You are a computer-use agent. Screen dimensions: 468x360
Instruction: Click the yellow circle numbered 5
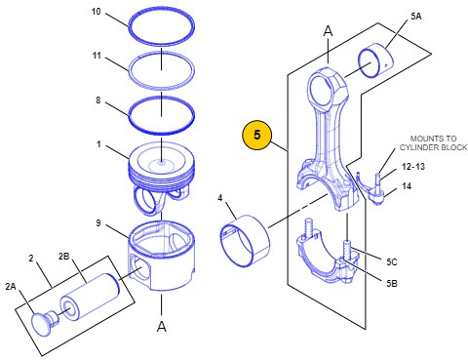coord(256,135)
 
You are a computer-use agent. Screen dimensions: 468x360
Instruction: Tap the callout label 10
coord(97,12)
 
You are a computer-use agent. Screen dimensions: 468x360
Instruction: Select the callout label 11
coord(97,56)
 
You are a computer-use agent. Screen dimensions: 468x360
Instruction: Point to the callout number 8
coord(98,100)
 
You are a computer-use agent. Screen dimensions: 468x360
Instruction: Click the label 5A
coord(416,17)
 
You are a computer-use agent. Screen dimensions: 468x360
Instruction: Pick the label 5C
coord(392,261)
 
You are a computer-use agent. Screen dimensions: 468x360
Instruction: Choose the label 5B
coord(392,283)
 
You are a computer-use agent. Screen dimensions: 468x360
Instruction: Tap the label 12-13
coord(413,167)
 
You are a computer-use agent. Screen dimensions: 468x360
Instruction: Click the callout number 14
coord(407,186)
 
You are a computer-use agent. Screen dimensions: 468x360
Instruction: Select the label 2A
coord(11,286)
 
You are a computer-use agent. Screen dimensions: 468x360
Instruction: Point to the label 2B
coord(64,257)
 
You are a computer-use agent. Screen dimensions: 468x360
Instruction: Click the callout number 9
coord(98,223)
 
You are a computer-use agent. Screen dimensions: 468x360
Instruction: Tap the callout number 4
coord(220,198)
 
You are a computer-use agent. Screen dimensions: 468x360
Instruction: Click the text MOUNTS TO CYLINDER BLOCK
coord(433,142)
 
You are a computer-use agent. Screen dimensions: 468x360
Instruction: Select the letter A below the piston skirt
coord(162,326)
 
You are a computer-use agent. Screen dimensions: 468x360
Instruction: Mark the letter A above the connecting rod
coord(329,31)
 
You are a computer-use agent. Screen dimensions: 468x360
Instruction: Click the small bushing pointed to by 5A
coord(375,60)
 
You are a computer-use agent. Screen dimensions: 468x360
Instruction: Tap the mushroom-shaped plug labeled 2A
coord(45,321)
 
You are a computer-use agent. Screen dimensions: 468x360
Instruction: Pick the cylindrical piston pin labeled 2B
coord(90,297)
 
